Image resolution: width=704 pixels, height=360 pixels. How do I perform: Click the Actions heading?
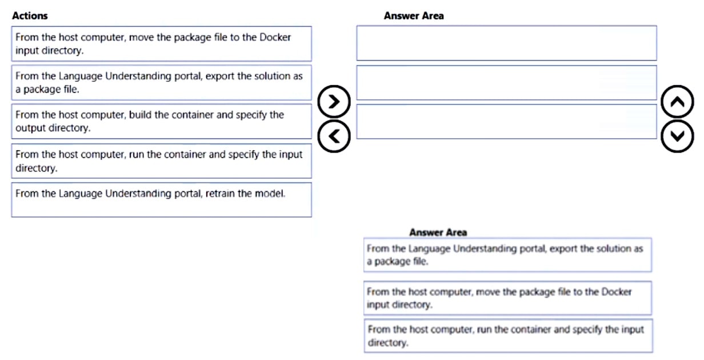pos(30,16)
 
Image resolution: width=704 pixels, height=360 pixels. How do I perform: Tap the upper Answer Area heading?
pos(413,16)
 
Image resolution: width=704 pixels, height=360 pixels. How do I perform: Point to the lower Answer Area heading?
pos(438,232)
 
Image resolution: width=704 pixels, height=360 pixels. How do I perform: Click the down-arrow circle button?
pos(677,136)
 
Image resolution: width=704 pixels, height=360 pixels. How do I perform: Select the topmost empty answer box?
pos(506,43)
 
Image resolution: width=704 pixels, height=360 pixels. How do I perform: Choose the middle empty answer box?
pos(506,83)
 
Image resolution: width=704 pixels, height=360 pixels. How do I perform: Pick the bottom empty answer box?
pos(506,121)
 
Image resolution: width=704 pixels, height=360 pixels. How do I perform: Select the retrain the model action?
pos(161,199)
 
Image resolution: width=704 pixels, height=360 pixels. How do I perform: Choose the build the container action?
pos(161,121)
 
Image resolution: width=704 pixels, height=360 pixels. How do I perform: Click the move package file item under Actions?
pos(161,43)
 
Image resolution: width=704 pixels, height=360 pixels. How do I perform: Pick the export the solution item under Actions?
pos(161,82)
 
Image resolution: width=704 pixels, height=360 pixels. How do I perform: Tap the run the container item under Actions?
pos(161,161)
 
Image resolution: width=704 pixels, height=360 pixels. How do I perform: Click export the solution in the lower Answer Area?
pos(507,255)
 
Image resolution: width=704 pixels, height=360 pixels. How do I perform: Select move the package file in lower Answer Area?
pos(507,298)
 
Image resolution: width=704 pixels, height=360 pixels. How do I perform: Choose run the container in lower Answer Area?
pos(507,336)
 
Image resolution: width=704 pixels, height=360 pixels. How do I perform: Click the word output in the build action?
pos(29,128)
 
